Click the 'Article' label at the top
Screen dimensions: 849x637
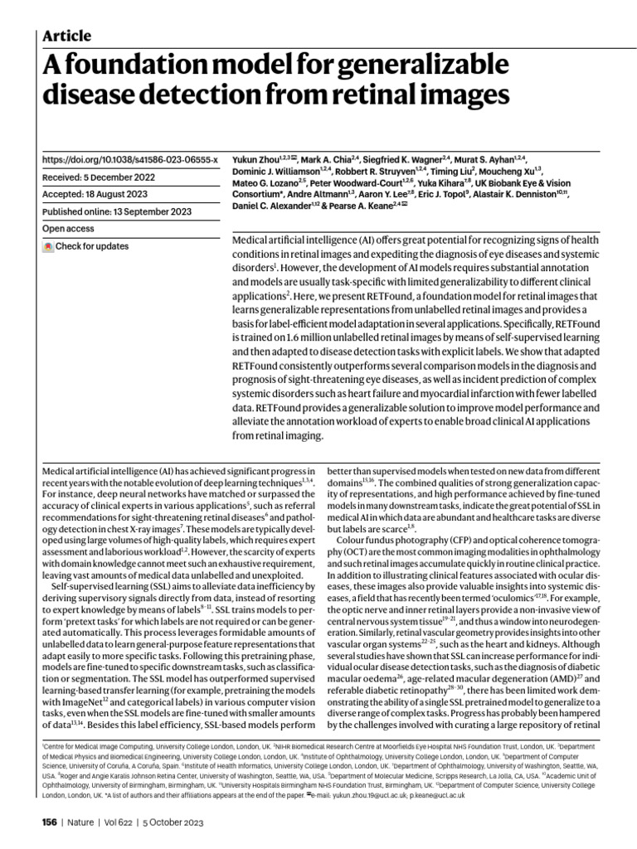click(66, 36)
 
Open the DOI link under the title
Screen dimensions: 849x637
click(130, 158)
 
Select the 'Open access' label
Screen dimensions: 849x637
click(66, 228)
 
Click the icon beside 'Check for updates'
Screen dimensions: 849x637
click(48, 246)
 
